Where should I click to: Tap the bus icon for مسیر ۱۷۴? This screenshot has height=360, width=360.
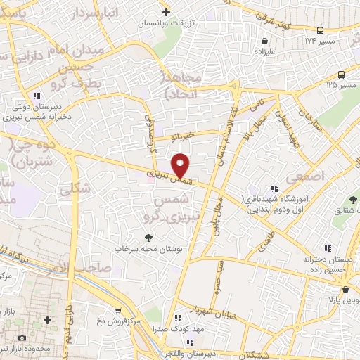(x=321, y=31)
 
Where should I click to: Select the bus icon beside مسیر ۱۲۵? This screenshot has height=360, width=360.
(x=341, y=75)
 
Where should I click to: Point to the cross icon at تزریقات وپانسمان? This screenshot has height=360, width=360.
(x=166, y=13)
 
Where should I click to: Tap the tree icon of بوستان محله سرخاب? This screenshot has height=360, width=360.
(x=148, y=240)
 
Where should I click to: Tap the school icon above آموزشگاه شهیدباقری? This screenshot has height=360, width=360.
(x=274, y=188)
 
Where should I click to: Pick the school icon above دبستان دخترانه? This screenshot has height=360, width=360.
(x=328, y=248)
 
